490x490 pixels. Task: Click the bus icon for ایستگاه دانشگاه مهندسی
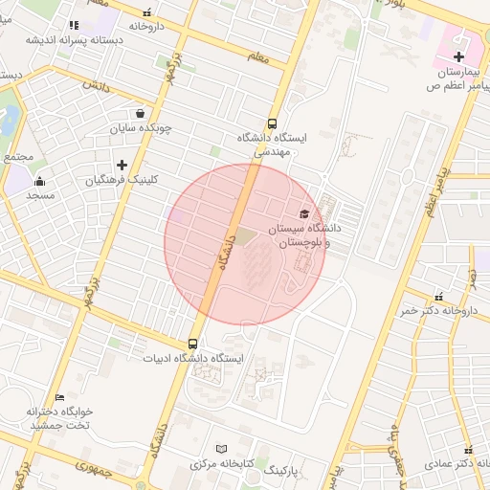coord(272,122)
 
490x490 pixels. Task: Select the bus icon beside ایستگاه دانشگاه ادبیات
coord(192,344)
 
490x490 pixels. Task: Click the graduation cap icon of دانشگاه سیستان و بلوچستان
coord(304,214)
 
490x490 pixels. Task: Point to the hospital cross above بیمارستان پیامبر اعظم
coord(458,57)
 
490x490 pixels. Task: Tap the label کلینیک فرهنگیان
coord(122,180)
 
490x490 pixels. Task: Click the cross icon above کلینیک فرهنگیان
coord(122,165)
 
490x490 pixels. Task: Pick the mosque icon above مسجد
coord(39,181)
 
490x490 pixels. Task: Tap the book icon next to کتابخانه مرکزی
coord(222,448)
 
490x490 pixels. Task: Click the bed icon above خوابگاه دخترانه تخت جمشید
coord(60,397)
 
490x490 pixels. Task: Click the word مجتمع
coord(17,156)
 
